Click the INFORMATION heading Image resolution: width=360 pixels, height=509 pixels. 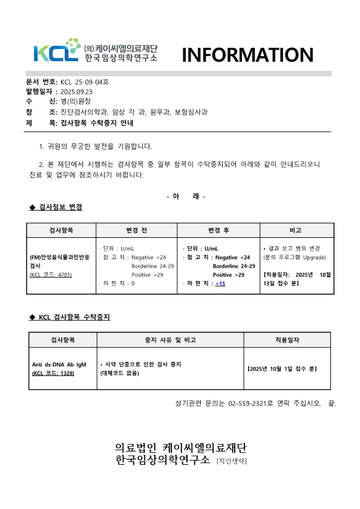[248, 55]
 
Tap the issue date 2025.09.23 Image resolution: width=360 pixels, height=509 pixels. [76, 91]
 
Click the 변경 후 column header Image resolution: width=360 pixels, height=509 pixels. [218, 231]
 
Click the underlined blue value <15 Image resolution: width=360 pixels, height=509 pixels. [220, 284]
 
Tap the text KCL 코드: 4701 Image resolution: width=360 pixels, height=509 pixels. [51, 274]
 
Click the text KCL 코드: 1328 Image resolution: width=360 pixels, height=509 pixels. [53, 373]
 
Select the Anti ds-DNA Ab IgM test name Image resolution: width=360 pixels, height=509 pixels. [59, 364]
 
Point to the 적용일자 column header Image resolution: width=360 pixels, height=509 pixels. [287, 340]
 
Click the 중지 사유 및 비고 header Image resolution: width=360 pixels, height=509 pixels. [167, 340]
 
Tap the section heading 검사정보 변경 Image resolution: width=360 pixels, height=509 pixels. [61, 207]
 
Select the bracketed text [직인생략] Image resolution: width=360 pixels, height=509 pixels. [232, 461]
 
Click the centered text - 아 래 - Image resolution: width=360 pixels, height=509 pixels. [186, 196]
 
